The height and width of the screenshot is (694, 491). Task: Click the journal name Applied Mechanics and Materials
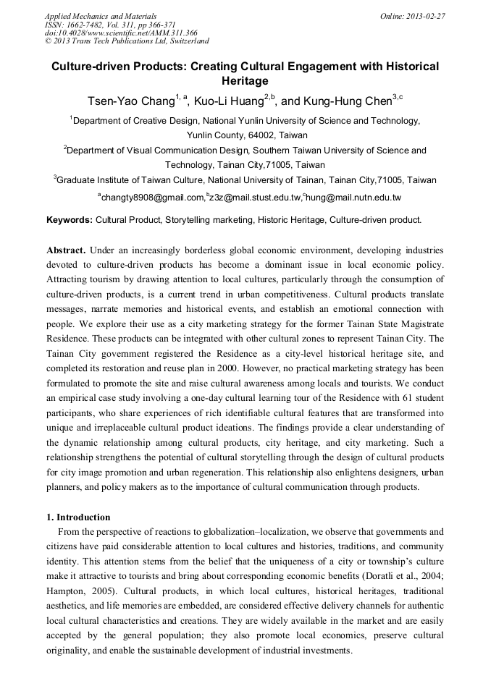[101, 15]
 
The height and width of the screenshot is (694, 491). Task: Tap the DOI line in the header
[121, 33]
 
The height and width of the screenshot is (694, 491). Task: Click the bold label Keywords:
[70, 219]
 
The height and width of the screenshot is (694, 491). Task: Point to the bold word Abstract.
[67, 250]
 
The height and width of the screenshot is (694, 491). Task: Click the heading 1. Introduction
[78, 517]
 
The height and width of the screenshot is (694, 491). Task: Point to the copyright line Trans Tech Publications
[127, 41]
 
